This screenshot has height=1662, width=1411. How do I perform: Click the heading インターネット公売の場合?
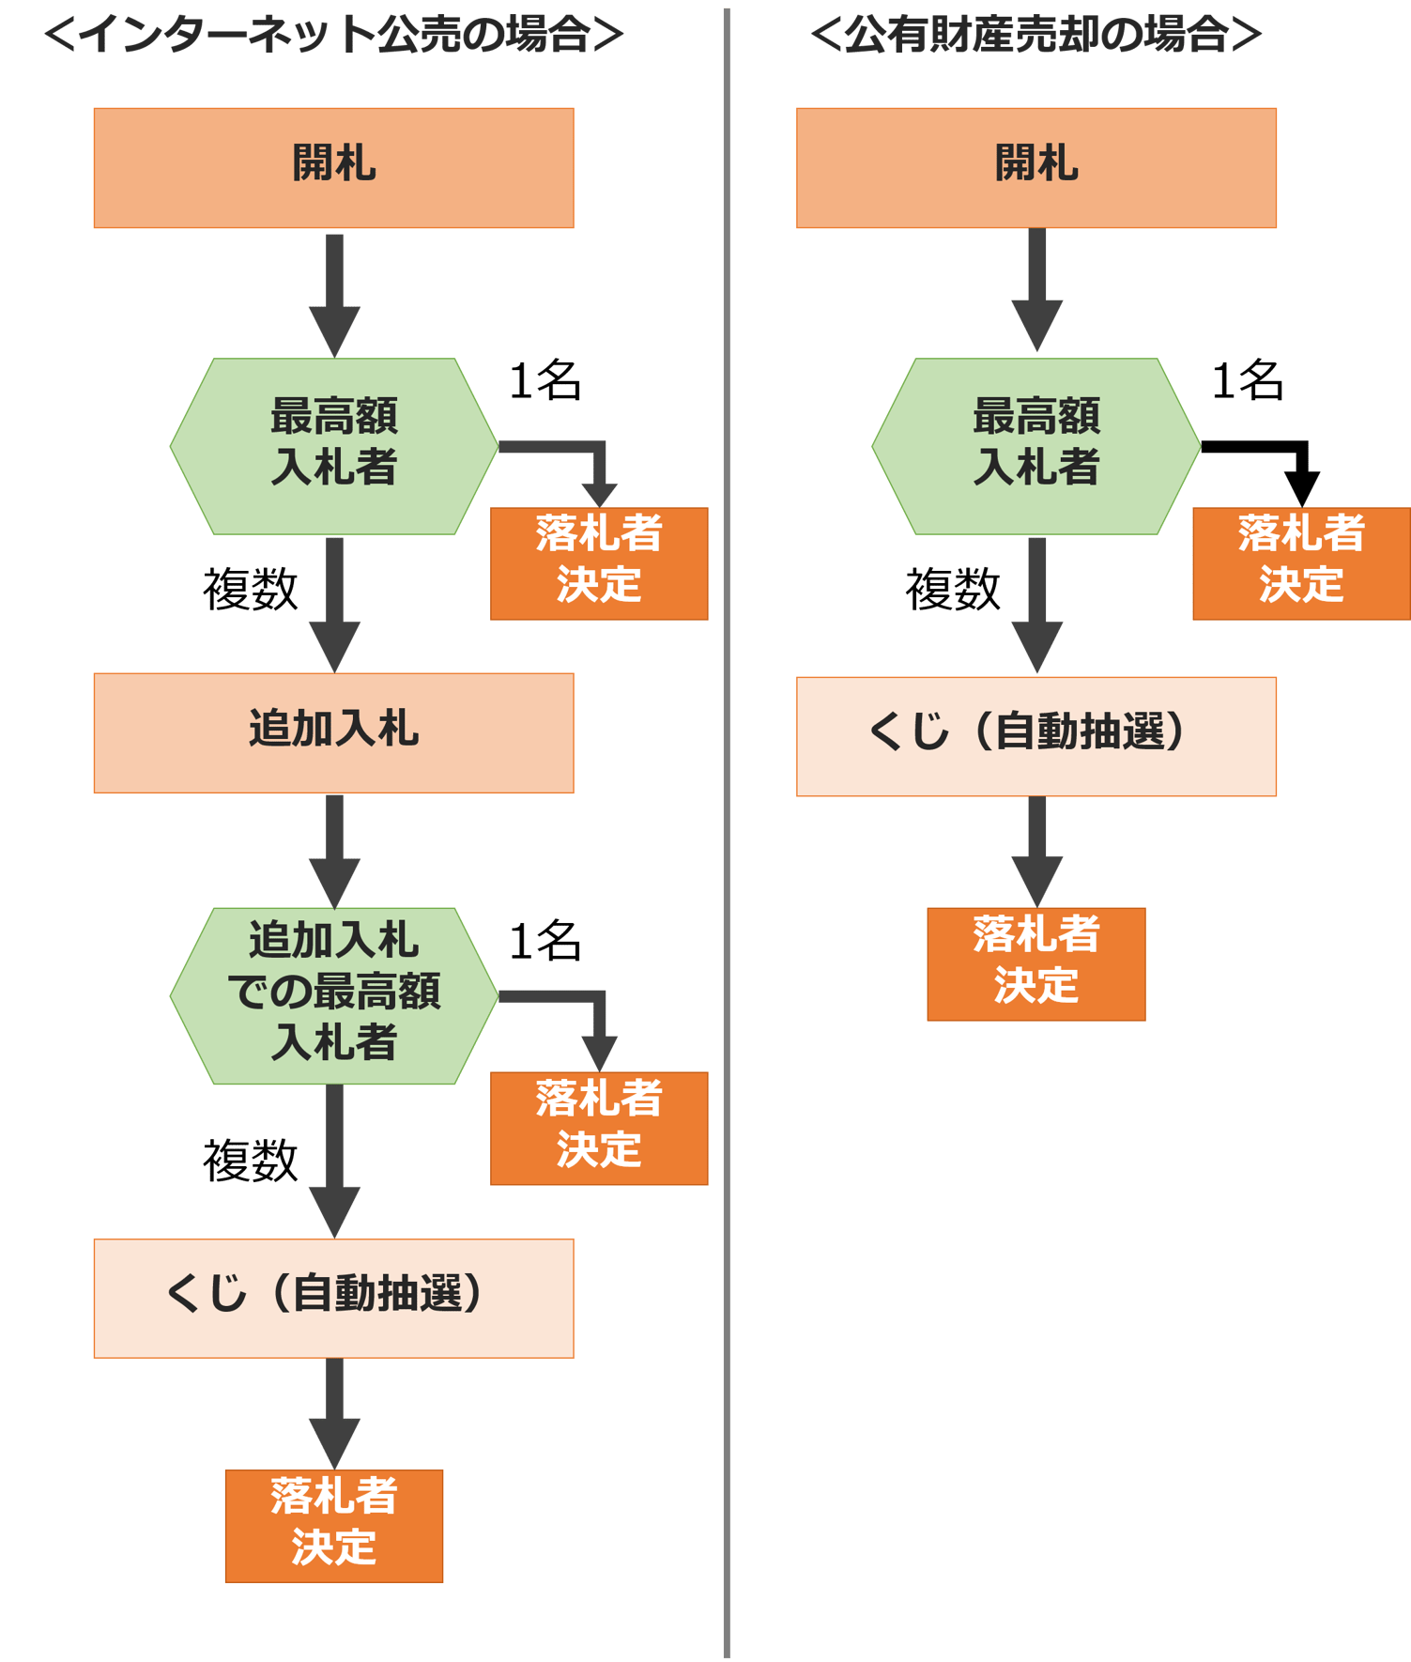pyautogui.click(x=333, y=36)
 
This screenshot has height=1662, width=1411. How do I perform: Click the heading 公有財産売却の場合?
pyautogui.click(x=1035, y=36)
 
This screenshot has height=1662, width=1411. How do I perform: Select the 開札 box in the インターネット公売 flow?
pyautogui.click(x=333, y=167)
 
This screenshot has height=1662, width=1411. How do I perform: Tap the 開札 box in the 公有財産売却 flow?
pyautogui.click(x=1036, y=167)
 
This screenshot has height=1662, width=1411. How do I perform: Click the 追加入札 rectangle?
pyautogui.click(x=333, y=732)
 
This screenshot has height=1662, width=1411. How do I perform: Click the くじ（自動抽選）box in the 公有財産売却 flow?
pyautogui.click(x=1036, y=736)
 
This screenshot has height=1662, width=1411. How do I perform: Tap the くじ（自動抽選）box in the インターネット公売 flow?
pyautogui.click(x=333, y=1298)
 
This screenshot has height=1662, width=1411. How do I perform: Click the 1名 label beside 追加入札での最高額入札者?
pyautogui.click(x=545, y=941)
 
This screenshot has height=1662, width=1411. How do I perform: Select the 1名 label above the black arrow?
pyautogui.click(x=1248, y=381)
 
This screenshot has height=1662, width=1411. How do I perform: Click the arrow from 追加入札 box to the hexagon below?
pyautogui.click(x=334, y=850)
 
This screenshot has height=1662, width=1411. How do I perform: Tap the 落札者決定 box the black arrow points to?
pyautogui.click(x=1301, y=563)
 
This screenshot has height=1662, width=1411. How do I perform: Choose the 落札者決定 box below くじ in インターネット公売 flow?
pyautogui.click(x=334, y=1526)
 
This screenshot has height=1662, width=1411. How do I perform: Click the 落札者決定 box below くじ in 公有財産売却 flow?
pyautogui.click(x=1036, y=963)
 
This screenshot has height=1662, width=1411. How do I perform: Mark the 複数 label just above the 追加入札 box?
pyautogui.click(x=251, y=590)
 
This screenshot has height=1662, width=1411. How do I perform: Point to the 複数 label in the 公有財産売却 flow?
pyautogui.click(x=953, y=590)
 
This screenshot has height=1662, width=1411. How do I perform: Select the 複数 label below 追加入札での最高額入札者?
pyautogui.click(x=251, y=1161)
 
